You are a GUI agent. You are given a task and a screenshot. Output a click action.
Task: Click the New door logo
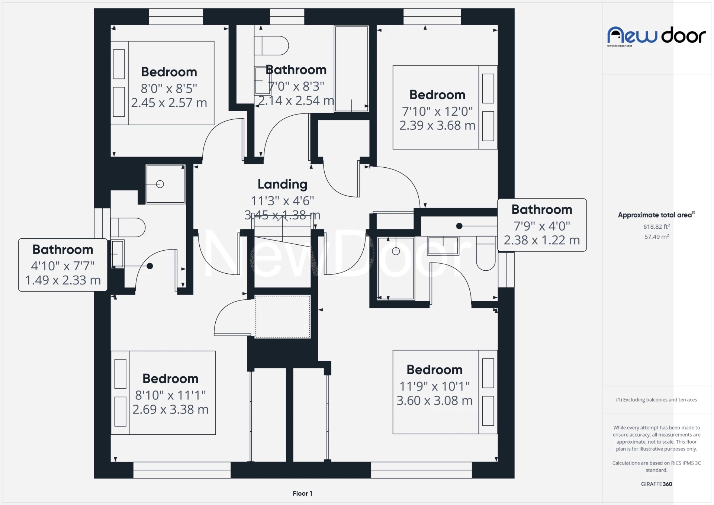(x=656, y=36)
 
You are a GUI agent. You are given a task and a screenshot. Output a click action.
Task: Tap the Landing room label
(x=282, y=184)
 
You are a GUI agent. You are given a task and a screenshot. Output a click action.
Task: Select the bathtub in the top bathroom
(x=351, y=69)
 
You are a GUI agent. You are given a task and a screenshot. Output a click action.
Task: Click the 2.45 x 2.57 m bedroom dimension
(x=169, y=103)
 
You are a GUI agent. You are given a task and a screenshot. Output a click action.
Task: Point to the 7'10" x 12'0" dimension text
(x=437, y=111)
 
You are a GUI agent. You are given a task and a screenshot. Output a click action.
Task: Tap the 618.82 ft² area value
(x=656, y=226)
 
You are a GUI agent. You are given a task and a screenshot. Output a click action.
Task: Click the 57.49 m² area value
(x=656, y=237)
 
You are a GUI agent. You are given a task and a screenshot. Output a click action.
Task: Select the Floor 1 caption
(x=302, y=493)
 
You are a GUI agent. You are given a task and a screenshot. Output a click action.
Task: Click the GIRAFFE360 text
(x=656, y=484)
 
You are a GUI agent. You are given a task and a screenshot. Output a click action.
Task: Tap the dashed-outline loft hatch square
(x=283, y=316)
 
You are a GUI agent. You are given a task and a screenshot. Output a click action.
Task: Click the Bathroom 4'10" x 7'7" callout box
(x=63, y=265)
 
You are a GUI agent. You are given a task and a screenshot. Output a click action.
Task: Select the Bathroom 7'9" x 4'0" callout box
(x=542, y=225)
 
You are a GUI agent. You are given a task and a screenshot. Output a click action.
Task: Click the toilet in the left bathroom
(x=128, y=228)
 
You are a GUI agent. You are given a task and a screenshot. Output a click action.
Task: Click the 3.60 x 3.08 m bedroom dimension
(x=434, y=401)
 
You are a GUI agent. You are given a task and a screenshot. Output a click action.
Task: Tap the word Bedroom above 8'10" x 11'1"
(x=170, y=379)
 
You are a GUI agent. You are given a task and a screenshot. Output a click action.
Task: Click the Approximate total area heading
(x=656, y=215)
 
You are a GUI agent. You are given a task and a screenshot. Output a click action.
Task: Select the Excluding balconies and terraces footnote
(x=656, y=400)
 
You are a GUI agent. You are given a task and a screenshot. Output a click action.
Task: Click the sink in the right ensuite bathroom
(x=443, y=246)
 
